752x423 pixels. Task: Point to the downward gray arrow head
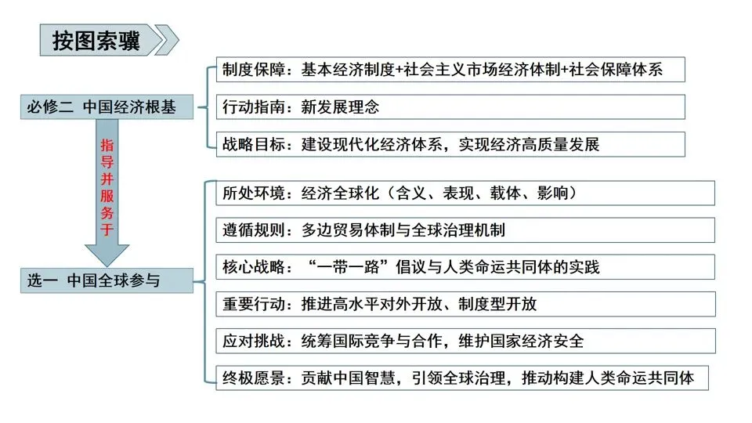[107, 252]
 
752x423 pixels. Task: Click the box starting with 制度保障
[450, 69]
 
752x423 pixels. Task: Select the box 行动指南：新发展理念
[450, 107]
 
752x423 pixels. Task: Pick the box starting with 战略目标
[450, 144]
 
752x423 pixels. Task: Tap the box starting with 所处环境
[465, 192]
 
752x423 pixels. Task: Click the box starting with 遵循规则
[465, 230]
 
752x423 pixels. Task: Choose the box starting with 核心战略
[465, 266]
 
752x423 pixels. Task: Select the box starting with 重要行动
[465, 304]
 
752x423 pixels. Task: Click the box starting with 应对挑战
[465, 341]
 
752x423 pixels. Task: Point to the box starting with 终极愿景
[465, 378]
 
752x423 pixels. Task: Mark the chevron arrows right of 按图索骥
[167, 41]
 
